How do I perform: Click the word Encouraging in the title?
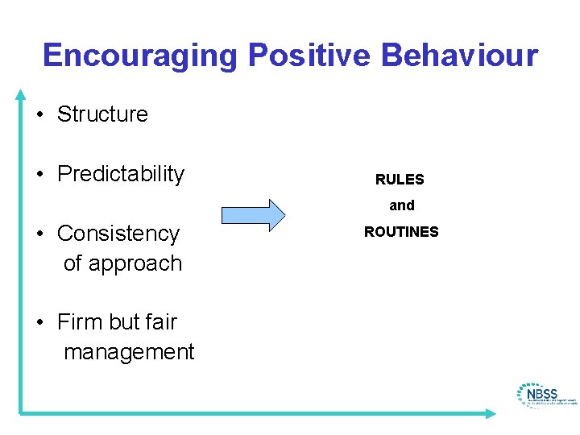click(140, 56)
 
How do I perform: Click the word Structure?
click(102, 114)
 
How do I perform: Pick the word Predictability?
click(121, 174)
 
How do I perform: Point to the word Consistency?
click(118, 234)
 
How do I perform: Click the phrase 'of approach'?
click(122, 263)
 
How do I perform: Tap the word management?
click(129, 352)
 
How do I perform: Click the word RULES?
click(400, 180)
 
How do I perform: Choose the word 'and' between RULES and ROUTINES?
click(402, 205)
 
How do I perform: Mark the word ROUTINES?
click(401, 232)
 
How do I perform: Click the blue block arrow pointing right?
click(253, 214)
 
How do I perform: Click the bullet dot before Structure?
click(39, 115)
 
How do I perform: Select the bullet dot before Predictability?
click(39, 175)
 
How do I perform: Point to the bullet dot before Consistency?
click(39, 234)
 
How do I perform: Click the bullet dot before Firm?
click(39, 323)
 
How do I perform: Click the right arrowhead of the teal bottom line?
click(491, 413)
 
